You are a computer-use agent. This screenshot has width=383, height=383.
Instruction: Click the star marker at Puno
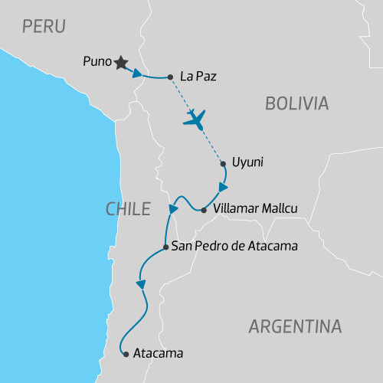[121, 63]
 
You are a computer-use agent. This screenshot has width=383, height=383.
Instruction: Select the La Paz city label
[195, 76]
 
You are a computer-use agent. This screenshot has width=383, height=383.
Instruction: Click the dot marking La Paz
[170, 77]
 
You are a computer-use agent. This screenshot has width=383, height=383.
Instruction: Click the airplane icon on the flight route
[196, 119]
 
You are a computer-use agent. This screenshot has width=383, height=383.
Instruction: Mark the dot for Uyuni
[223, 163]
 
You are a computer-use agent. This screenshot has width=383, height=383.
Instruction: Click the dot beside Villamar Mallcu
[203, 209]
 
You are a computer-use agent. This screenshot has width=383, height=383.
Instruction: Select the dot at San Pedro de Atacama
[166, 247]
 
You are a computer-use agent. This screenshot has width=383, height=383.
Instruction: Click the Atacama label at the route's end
[159, 354]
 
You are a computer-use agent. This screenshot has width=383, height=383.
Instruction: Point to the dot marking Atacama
[126, 354]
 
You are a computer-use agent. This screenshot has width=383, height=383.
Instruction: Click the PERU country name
[44, 27]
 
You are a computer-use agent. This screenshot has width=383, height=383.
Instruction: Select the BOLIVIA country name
[296, 103]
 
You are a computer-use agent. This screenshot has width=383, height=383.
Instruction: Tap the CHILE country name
[126, 208]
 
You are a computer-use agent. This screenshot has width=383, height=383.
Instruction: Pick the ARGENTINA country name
[295, 326]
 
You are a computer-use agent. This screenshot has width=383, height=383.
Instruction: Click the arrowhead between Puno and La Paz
[137, 74]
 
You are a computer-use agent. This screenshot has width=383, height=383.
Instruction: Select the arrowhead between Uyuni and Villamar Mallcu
[223, 188]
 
